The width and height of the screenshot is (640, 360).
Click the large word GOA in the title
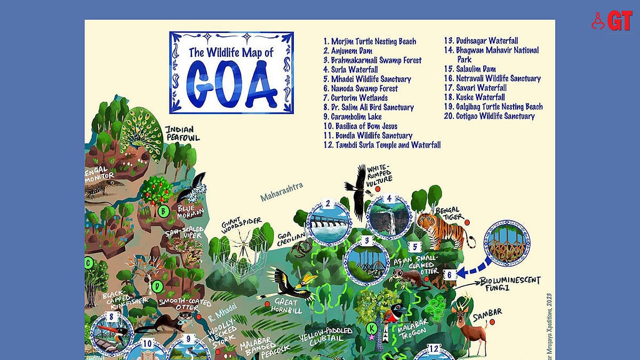(231, 84)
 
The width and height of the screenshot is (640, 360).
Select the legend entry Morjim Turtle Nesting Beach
(370, 42)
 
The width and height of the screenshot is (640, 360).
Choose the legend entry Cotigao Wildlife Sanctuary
(490, 116)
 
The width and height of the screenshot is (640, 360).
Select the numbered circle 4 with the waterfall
(389, 215)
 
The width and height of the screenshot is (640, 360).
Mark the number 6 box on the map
(449, 275)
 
